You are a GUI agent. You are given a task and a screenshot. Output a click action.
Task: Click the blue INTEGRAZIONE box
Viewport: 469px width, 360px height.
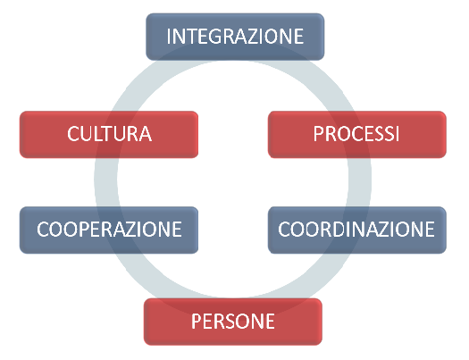tap(235, 37)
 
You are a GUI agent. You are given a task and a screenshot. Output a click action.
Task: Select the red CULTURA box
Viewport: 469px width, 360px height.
tap(109, 134)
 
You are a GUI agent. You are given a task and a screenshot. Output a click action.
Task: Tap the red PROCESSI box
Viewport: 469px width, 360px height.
tap(357, 134)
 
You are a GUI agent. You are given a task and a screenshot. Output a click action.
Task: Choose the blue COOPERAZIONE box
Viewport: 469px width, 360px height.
tap(109, 230)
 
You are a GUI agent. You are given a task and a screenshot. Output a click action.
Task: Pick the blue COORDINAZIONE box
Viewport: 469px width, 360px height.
tap(357, 230)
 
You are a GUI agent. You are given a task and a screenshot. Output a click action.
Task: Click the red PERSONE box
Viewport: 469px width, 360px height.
tap(233, 322)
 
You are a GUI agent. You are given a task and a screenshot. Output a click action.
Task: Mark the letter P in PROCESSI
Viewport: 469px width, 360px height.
tap(318, 134)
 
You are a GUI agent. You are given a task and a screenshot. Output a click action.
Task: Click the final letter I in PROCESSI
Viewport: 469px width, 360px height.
tap(397, 134)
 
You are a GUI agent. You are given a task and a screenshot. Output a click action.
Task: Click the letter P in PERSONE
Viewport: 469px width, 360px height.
tap(197, 321)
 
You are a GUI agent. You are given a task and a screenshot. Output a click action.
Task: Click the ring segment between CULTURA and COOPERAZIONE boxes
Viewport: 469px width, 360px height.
tap(106, 182)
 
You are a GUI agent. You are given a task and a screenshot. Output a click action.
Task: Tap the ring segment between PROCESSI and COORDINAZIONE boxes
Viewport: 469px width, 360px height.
tap(360, 182)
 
